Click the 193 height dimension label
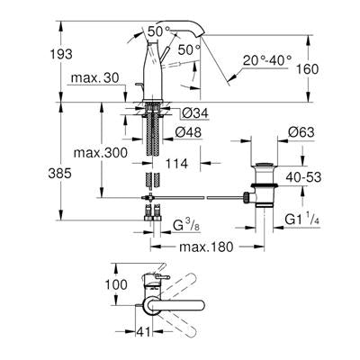(x=61, y=54)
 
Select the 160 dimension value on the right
(x=307, y=69)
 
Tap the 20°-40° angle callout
(x=267, y=60)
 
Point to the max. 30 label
(x=95, y=78)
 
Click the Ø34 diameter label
(x=195, y=113)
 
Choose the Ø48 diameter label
(x=188, y=132)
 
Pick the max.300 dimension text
(x=101, y=153)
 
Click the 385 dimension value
(x=60, y=174)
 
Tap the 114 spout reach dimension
(x=177, y=164)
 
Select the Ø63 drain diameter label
(x=301, y=132)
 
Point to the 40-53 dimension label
(x=303, y=177)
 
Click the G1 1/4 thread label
(x=301, y=220)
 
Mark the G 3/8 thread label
(x=186, y=226)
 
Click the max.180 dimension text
(x=206, y=247)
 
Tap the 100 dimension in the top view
(x=116, y=284)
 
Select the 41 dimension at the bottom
(x=144, y=332)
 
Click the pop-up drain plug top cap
(x=265, y=165)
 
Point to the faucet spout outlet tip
(x=201, y=35)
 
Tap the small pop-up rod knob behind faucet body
(x=139, y=85)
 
